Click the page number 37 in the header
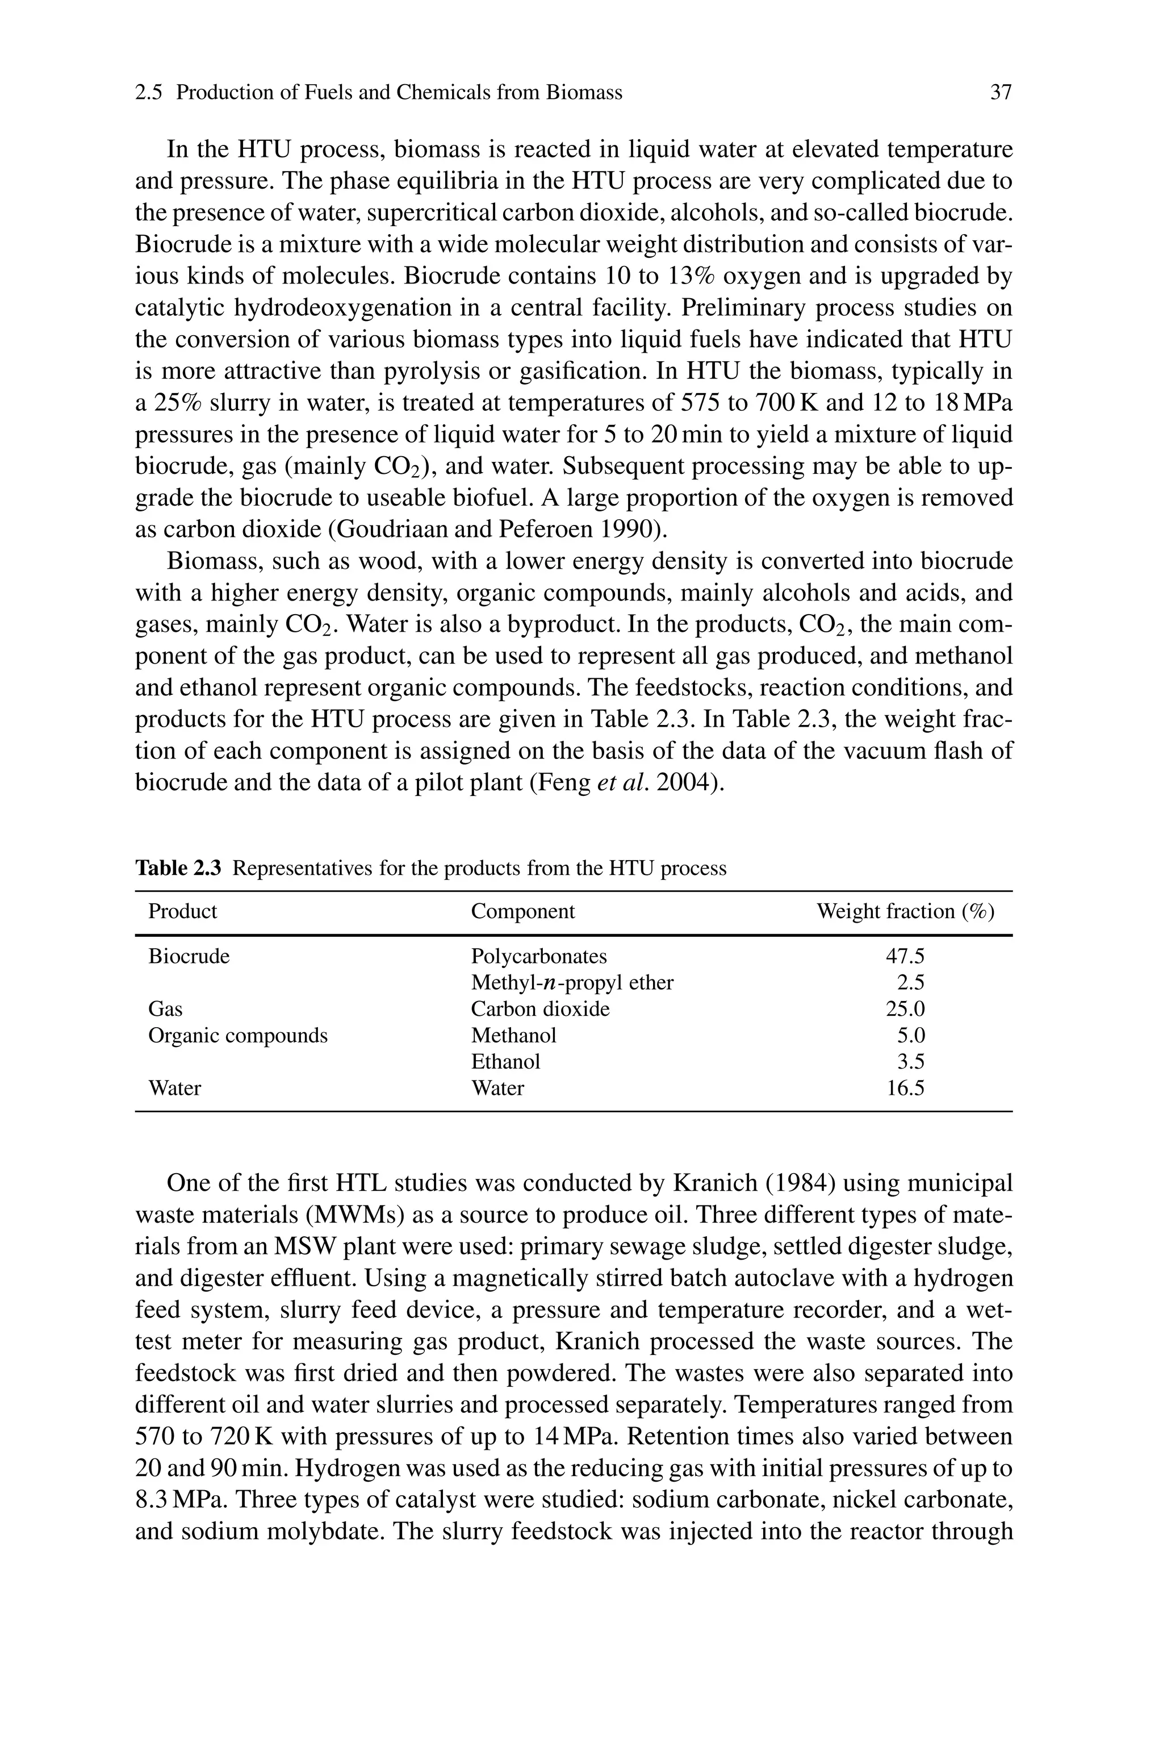point(1001,93)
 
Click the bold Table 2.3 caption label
point(178,868)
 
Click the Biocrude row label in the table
point(189,956)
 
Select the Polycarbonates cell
point(538,956)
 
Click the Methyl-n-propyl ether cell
point(572,983)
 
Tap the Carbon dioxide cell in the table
point(540,1009)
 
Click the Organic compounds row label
point(237,1036)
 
